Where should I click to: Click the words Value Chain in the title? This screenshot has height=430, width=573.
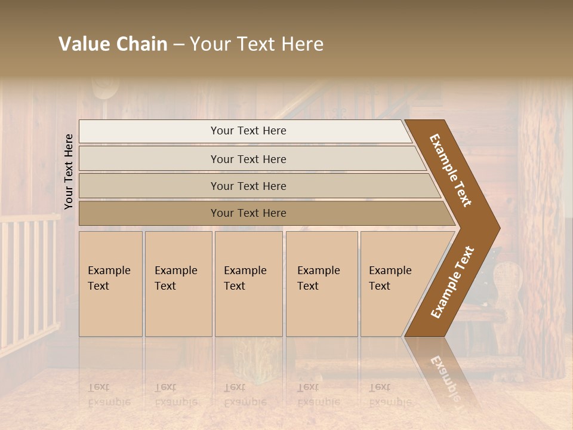(x=113, y=44)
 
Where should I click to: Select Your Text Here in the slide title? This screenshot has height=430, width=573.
(x=257, y=44)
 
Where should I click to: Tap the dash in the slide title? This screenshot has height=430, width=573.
(x=178, y=45)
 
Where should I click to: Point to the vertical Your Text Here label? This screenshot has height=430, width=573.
(x=69, y=171)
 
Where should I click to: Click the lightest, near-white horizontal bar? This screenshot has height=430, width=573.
(x=245, y=131)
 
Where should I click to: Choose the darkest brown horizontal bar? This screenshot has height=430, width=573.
(x=263, y=213)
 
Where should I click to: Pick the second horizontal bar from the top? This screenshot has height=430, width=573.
(x=251, y=159)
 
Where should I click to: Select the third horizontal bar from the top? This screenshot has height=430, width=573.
(x=257, y=186)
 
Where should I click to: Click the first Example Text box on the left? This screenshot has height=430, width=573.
(x=110, y=284)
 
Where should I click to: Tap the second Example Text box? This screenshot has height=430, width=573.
(x=178, y=284)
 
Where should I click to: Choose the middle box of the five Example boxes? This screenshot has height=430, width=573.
(x=248, y=284)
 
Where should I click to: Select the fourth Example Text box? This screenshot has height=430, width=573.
(x=322, y=284)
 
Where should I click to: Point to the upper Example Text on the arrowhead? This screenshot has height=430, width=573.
(x=451, y=170)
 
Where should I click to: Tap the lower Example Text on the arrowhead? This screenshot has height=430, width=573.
(x=452, y=282)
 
